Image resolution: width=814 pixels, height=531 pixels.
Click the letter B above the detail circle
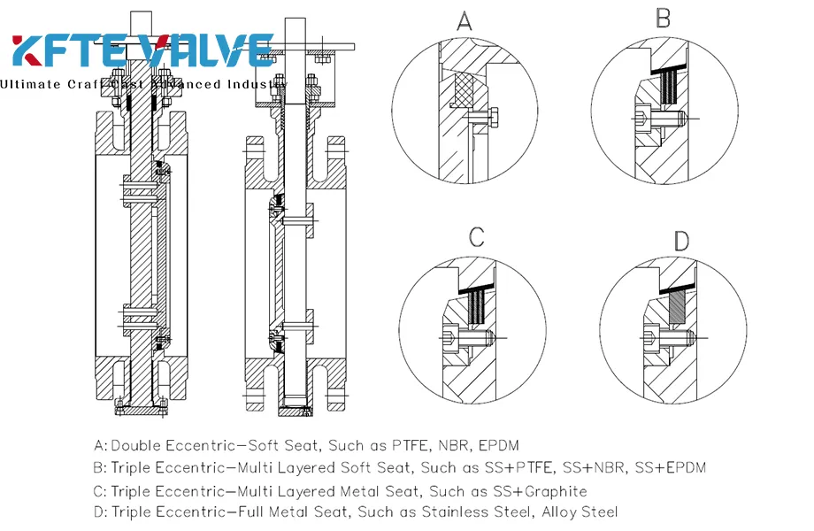tap(664, 19)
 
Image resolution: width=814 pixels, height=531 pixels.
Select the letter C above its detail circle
tap(477, 237)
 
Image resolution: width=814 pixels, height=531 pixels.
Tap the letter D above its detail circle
tap(681, 241)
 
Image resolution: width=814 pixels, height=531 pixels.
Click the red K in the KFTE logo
tap(33, 50)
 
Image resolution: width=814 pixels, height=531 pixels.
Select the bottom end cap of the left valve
tap(142, 412)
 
